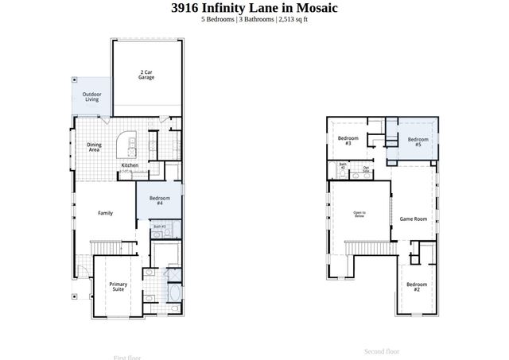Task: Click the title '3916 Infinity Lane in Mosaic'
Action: (254, 8)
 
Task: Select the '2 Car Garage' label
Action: (146, 75)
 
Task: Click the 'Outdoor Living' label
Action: (91, 98)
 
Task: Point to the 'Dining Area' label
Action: (94, 147)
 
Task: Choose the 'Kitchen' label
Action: (130, 165)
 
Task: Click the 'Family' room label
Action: (105, 213)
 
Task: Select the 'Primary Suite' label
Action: (118, 287)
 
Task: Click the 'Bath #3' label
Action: (158, 226)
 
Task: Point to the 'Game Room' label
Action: (414, 219)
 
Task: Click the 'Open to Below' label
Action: (359, 214)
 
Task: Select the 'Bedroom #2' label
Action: (417, 286)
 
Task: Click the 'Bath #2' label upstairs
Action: (343, 167)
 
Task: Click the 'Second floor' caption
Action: (382, 351)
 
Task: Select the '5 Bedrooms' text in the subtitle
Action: (217, 20)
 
